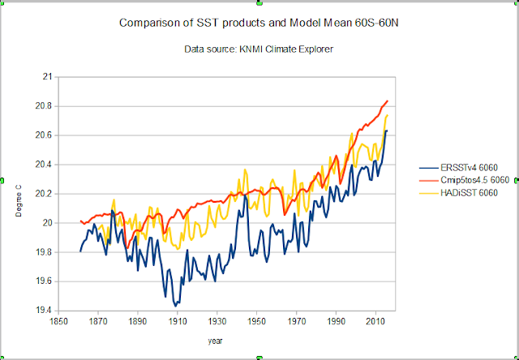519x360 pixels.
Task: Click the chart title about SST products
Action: coord(258,23)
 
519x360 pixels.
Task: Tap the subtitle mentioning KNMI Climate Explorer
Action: coord(258,50)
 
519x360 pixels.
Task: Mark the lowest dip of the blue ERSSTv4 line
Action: coord(174,306)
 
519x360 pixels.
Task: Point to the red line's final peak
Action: coord(388,101)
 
